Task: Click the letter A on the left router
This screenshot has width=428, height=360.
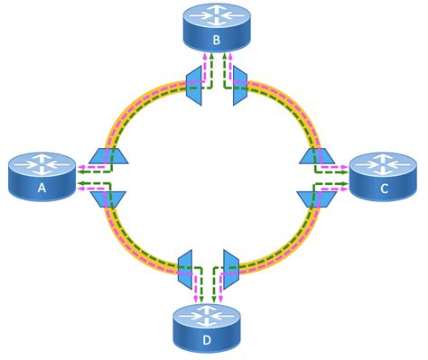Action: click(x=41, y=190)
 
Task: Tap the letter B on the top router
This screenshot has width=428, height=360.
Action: click(x=217, y=42)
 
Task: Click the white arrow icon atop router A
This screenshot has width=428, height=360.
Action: click(x=41, y=164)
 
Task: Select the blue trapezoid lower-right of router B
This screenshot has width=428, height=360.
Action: click(x=240, y=84)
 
